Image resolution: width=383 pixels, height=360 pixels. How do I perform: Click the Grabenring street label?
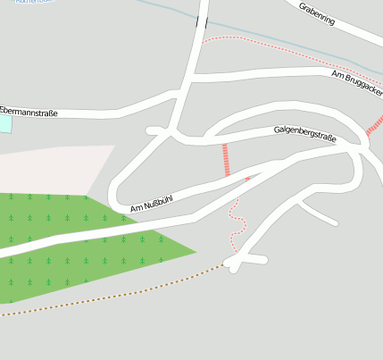[317, 13]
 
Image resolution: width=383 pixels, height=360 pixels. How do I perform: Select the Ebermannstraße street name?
[29, 112]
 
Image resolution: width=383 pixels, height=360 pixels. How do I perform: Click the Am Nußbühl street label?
[151, 204]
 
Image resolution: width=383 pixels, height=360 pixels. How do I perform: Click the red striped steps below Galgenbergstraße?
[226, 159]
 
